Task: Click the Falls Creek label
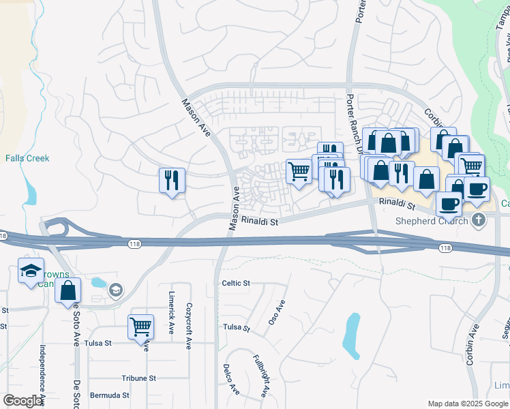(27, 158)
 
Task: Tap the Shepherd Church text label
(432, 220)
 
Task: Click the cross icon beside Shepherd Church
(479, 219)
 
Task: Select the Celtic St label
(236, 283)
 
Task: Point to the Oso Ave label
(276, 312)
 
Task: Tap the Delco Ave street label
(230, 380)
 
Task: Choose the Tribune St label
(139, 378)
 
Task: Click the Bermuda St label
(111, 395)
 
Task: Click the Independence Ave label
(42, 372)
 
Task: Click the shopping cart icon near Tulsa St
(140, 327)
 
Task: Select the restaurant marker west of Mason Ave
(170, 181)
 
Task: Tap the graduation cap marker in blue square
(31, 271)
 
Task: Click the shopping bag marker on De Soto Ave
(68, 291)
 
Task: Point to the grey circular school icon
(116, 292)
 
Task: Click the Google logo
(22, 401)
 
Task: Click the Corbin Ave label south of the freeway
(471, 345)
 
